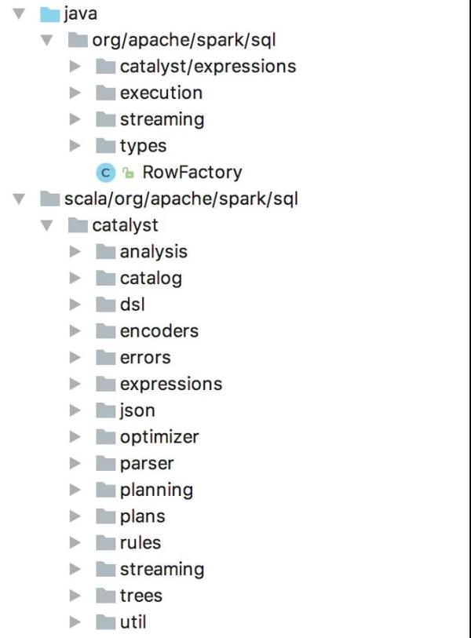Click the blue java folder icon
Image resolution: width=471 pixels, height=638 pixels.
click(x=50, y=14)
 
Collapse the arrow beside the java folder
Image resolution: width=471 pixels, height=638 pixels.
click(x=19, y=14)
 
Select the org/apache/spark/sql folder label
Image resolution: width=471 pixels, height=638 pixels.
click(x=184, y=40)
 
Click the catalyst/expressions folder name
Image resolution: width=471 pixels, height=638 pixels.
click(x=208, y=67)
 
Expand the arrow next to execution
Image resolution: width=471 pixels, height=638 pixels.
click(x=75, y=93)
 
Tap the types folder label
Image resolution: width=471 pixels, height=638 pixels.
click(x=144, y=147)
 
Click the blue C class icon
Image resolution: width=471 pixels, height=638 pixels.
click(x=106, y=173)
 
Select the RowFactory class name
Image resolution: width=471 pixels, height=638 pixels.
click(x=192, y=172)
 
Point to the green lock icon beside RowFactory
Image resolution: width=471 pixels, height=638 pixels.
click(x=128, y=173)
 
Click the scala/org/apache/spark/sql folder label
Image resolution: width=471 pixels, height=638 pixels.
click(x=181, y=199)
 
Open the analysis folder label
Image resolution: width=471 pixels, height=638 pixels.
click(x=154, y=252)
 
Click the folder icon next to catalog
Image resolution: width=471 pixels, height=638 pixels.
click(x=106, y=279)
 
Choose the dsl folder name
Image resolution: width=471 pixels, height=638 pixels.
click(x=133, y=304)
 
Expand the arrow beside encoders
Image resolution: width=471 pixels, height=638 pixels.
click(x=75, y=331)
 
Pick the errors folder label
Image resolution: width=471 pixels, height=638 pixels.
click(x=145, y=358)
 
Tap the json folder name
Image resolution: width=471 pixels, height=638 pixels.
click(x=137, y=411)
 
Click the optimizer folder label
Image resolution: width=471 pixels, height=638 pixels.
click(x=159, y=437)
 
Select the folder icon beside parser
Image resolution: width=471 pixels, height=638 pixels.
click(x=106, y=464)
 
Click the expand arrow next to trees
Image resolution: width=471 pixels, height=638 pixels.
click(x=75, y=596)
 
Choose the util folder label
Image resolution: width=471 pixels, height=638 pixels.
click(x=133, y=622)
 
